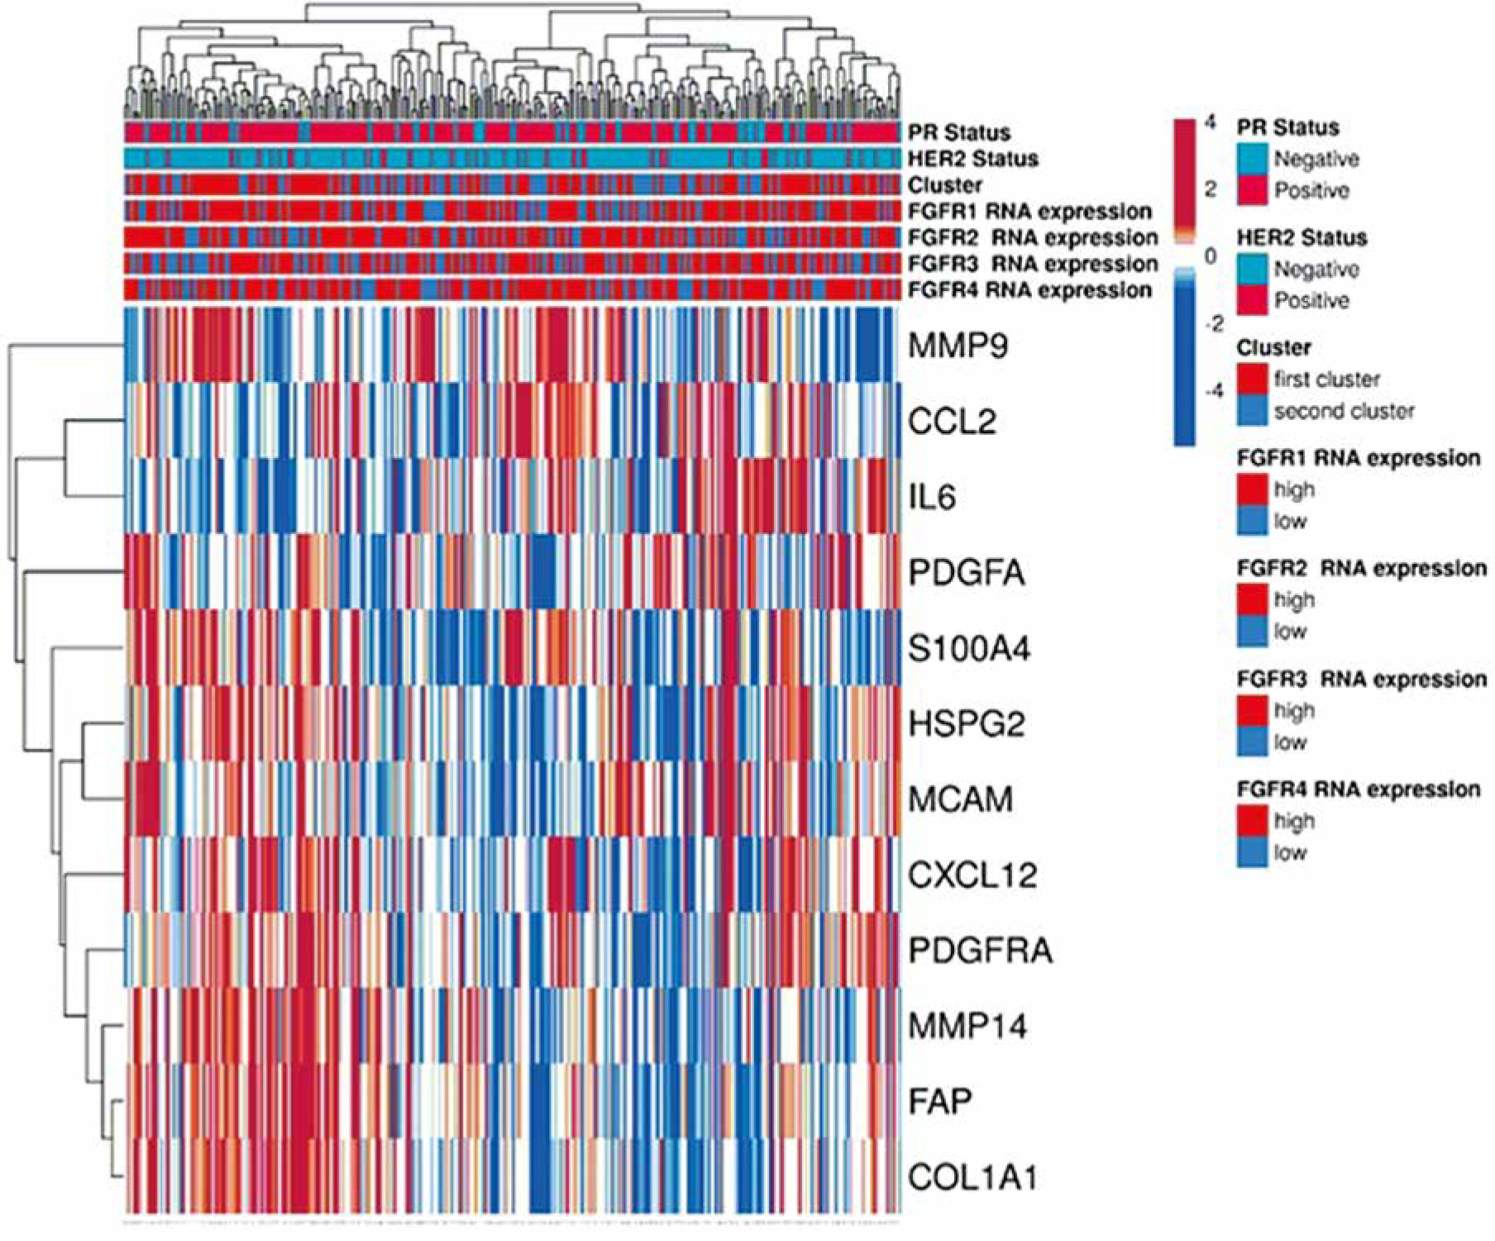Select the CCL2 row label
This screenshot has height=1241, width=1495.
[x=952, y=422]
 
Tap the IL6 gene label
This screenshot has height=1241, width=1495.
[x=932, y=497]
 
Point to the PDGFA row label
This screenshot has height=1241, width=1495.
[x=967, y=572]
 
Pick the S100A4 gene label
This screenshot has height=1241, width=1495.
[x=969, y=649]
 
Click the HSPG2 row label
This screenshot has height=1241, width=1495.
[x=967, y=724]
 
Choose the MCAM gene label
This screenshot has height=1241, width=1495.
[x=960, y=799]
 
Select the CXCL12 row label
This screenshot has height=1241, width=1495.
[x=972, y=875]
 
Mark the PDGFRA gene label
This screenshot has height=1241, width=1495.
[x=980, y=951]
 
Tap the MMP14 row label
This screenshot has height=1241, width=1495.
[x=967, y=1027]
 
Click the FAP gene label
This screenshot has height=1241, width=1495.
[x=939, y=1101]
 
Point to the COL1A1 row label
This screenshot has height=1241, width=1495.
[x=972, y=1177]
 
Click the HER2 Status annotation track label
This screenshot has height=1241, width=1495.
[x=973, y=159]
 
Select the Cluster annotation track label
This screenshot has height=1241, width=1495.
[x=945, y=185]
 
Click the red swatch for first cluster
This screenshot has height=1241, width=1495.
[x=1252, y=379]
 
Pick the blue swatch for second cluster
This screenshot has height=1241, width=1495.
[x=1252, y=410]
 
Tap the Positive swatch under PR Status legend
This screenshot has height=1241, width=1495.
[x=1252, y=190]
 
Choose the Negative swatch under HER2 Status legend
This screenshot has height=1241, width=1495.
[x=1252, y=269]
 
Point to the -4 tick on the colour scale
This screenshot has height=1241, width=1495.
[x=1213, y=391]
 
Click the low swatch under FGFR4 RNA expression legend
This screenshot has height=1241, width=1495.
[x=1252, y=852]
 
